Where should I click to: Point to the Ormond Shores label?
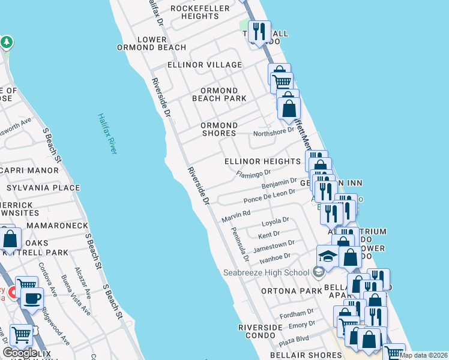pyautogui.click(x=219, y=129)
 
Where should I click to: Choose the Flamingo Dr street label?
pyautogui.click(x=254, y=174)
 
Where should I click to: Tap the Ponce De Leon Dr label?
pyautogui.click(x=270, y=196)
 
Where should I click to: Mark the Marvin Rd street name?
pyautogui.click(x=236, y=213)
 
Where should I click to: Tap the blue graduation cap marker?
pyautogui.click(x=328, y=256)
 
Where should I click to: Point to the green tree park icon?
pyautogui.click(x=7, y=43)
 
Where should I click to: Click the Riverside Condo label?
pyautogui.click(x=261, y=331)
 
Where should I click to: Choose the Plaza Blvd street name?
pyautogui.click(x=294, y=339)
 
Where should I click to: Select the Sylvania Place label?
pyautogui.click(x=43, y=188)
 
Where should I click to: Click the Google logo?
pyautogui.click(x=20, y=353)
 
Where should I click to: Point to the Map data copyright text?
pyautogui.click(x=423, y=355)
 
